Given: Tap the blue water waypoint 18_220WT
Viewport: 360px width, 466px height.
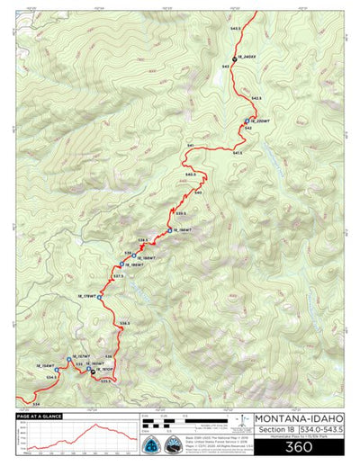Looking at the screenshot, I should coord(246,121).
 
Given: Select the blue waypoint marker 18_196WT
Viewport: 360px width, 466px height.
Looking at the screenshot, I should coord(167,232).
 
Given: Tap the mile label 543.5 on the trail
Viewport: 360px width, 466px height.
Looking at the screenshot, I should coord(235,29).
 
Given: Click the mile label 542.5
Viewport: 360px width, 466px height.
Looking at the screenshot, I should coord(256,97).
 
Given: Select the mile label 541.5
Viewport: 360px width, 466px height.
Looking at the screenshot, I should coord(237,153).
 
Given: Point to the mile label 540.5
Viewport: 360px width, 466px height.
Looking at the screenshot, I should coord(190,174).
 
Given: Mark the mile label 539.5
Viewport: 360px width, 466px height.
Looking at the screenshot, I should coord(180,213).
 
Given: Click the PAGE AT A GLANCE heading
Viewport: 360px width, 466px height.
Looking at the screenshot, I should coord(39,417).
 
